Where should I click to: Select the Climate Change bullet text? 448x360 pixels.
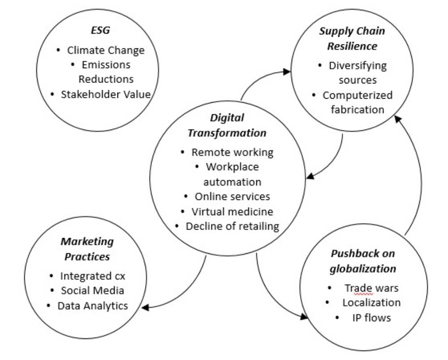pyautogui.click(x=106, y=50)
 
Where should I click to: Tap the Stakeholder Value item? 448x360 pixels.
pyautogui.click(x=106, y=94)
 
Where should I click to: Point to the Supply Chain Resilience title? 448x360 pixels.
pyautogui.click(x=352, y=39)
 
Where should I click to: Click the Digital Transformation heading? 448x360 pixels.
pyautogui.click(x=227, y=126)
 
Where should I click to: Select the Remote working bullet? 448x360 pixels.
pyautogui.click(x=232, y=152)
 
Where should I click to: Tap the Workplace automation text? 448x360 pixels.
pyautogui.click(x=232, y=174)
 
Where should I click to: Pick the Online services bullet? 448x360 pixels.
pyautogui.click(x=232, y=196)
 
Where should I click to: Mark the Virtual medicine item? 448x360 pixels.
pyautogui.click(x=232, y=211)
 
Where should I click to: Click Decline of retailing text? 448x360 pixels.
pyautogui.click(x=232, y=226)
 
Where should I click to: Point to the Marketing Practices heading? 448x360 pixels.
pyautogui.click(x=87, y=249)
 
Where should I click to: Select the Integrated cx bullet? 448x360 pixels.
pyautogui.click(x=96, y=276)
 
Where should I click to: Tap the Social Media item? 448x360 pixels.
pyautogui.click(x=92, y=291)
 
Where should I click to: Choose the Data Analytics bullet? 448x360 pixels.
pyautogui.click(x=92, y=306)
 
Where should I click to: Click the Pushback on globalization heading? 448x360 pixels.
pyautogui.click(x=363, y=261)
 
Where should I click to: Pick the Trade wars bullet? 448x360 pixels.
pyautogui.click(x=371, y=288)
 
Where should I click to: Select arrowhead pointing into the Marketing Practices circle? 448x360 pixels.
pyautogui.click(x=145, y=307)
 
